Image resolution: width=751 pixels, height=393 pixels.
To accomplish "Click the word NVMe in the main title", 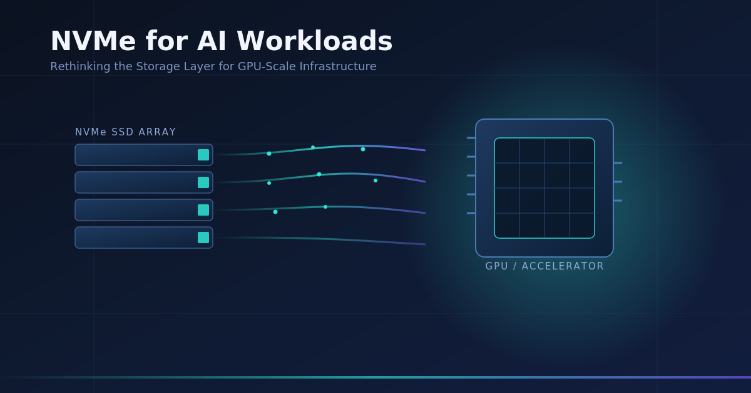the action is pyautogui.click(x=93, y=41).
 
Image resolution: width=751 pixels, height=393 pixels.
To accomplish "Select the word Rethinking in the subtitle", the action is pyautogui.click(x=81, y=66).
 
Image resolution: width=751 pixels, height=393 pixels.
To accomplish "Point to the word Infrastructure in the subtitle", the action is pyautogui.click(x=338, y=66).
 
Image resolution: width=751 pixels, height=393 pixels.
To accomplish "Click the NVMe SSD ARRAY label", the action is pyautogui.click(x=125, y=132).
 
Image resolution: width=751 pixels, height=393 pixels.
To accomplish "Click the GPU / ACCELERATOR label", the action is pyautogui.click(x=544, y=266).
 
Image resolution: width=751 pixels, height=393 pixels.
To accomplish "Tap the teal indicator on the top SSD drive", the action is pyautogui.click(x=203, y=155).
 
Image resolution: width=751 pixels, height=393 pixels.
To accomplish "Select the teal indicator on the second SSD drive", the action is pyautogui.click(x=203, y=182).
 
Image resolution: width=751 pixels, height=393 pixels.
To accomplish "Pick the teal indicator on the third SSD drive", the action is pyautogui.click(x=203, y=210).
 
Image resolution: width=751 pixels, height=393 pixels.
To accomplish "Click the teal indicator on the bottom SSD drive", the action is pyautogui.click(x=203, y=238).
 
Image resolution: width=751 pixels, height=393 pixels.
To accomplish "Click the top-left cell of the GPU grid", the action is pyautogui.click(x=507, y=150).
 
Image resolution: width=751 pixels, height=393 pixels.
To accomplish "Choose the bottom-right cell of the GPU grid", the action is pyautogui.click(x=582, y=226).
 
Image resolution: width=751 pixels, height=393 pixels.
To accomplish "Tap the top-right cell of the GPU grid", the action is pyautogui.click(x=582, y=150).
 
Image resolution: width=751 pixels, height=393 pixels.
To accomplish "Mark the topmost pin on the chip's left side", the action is pyautogui.click(x=471, y=138).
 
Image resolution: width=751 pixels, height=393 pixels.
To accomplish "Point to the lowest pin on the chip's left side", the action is pyautogui.click(x=471, y=213).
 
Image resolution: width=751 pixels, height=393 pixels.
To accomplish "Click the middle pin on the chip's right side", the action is pyautogui.click(x=618, y=182).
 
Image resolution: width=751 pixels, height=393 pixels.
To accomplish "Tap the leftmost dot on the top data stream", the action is pyautogui.click(x=269, y=154).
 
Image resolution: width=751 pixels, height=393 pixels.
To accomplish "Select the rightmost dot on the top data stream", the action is pyautogui.click(x=363, y=149).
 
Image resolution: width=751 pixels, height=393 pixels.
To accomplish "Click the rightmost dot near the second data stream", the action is pyautogui.click(x=375, y=181).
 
